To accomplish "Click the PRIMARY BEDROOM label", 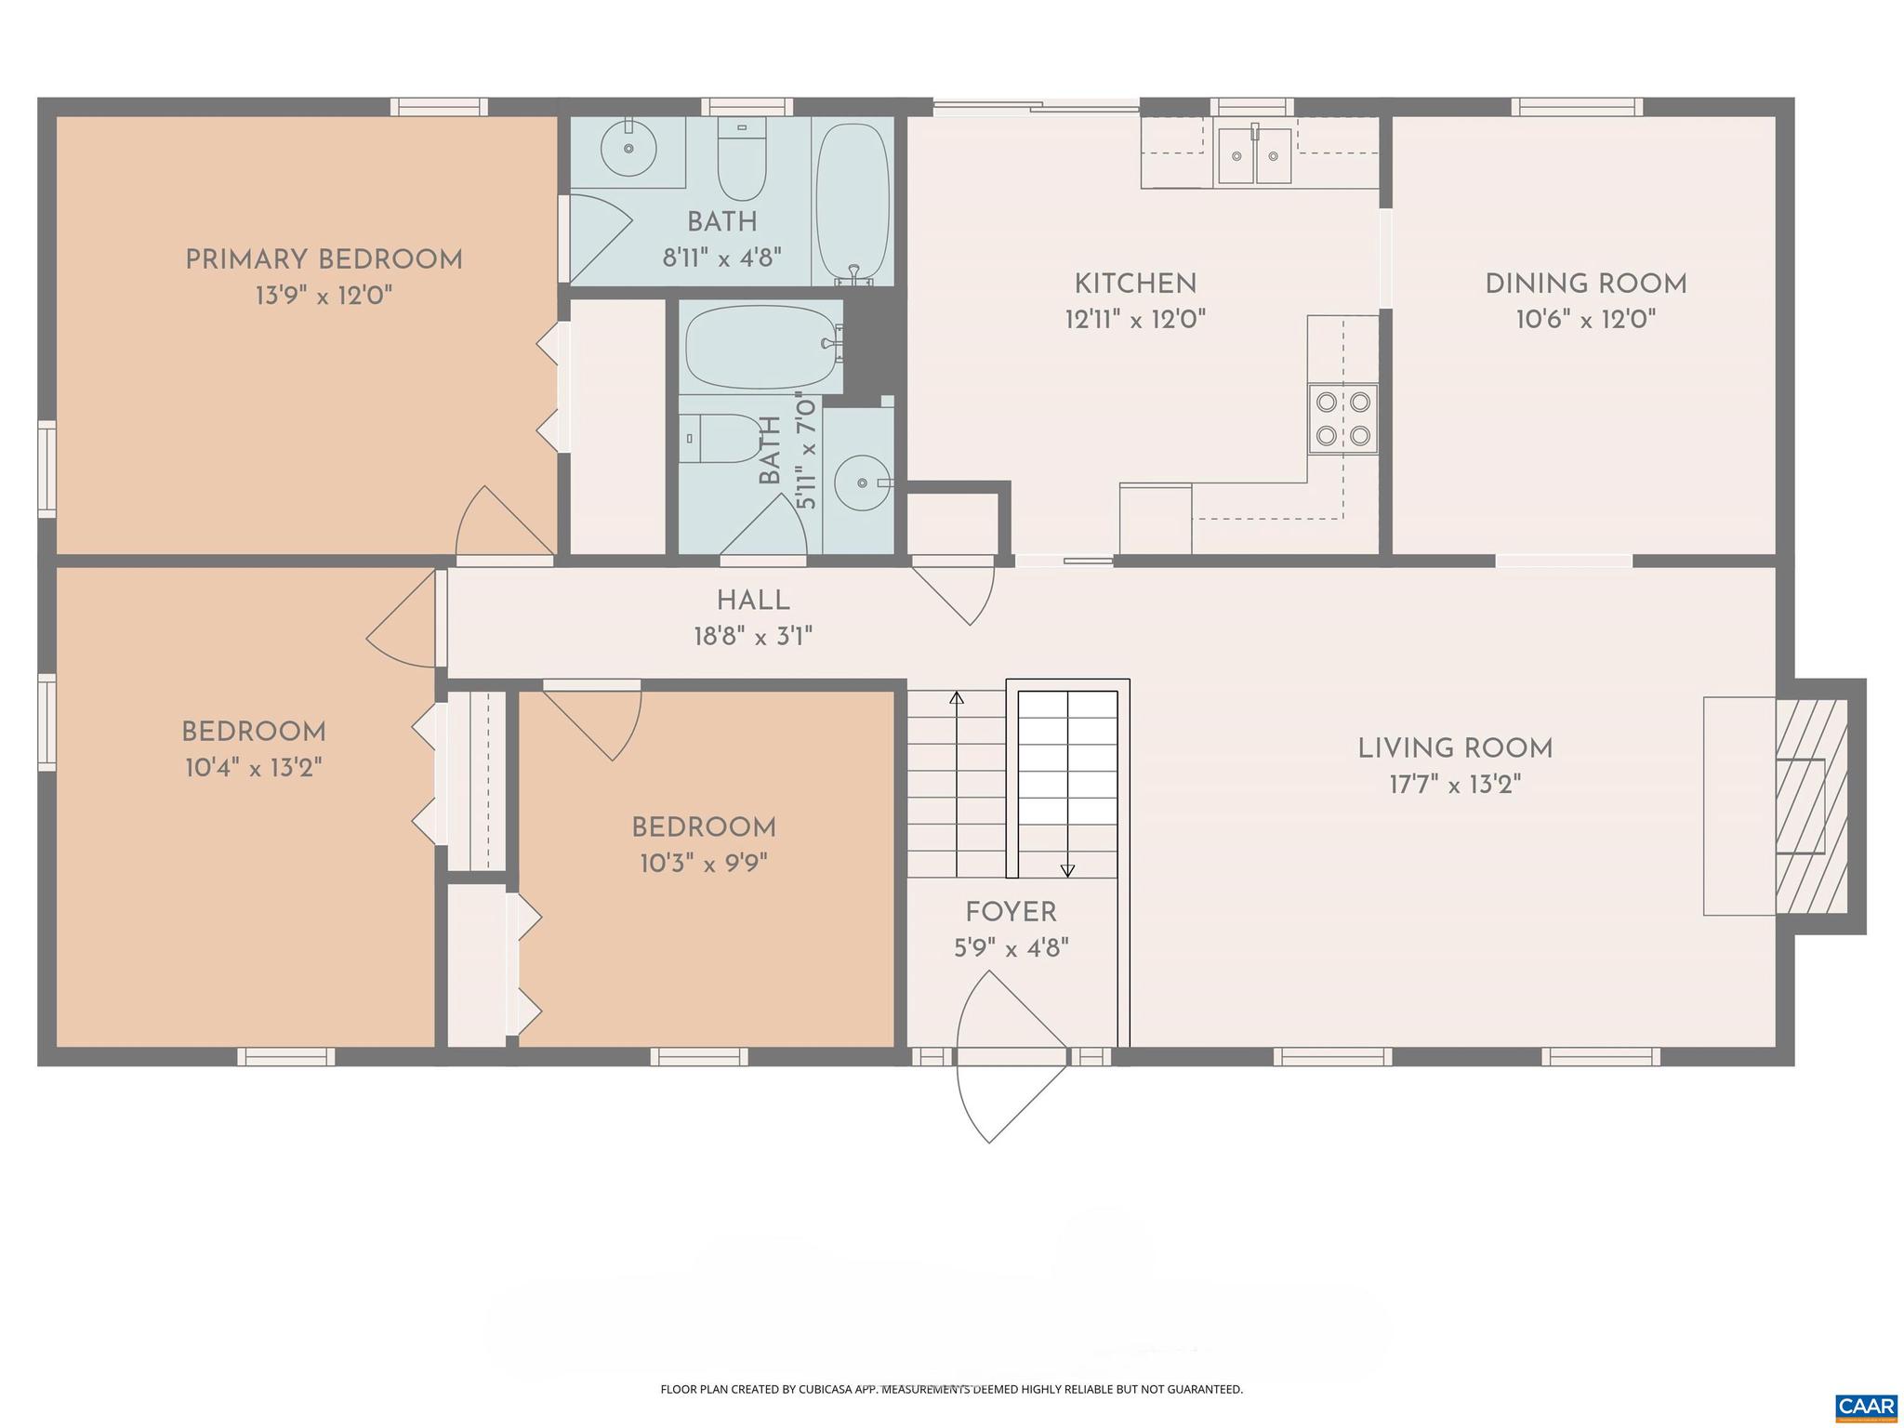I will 324,260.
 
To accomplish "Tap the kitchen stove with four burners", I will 1342,418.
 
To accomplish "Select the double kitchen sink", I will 1254,156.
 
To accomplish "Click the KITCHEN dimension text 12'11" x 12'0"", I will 1135,320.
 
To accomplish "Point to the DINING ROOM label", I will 1585,284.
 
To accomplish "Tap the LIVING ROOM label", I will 1455,748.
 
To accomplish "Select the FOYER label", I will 1011,913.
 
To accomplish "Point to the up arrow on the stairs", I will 957,698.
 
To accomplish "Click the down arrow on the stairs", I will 1067,870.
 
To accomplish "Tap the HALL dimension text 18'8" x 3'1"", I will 753,637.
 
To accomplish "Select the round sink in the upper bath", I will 628,148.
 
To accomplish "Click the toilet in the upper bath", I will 741,163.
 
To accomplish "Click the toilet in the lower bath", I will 721,439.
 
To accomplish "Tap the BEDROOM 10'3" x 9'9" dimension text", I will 703,864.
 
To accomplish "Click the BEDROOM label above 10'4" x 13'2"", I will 253,732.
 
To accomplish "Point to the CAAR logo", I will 1865,1405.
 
